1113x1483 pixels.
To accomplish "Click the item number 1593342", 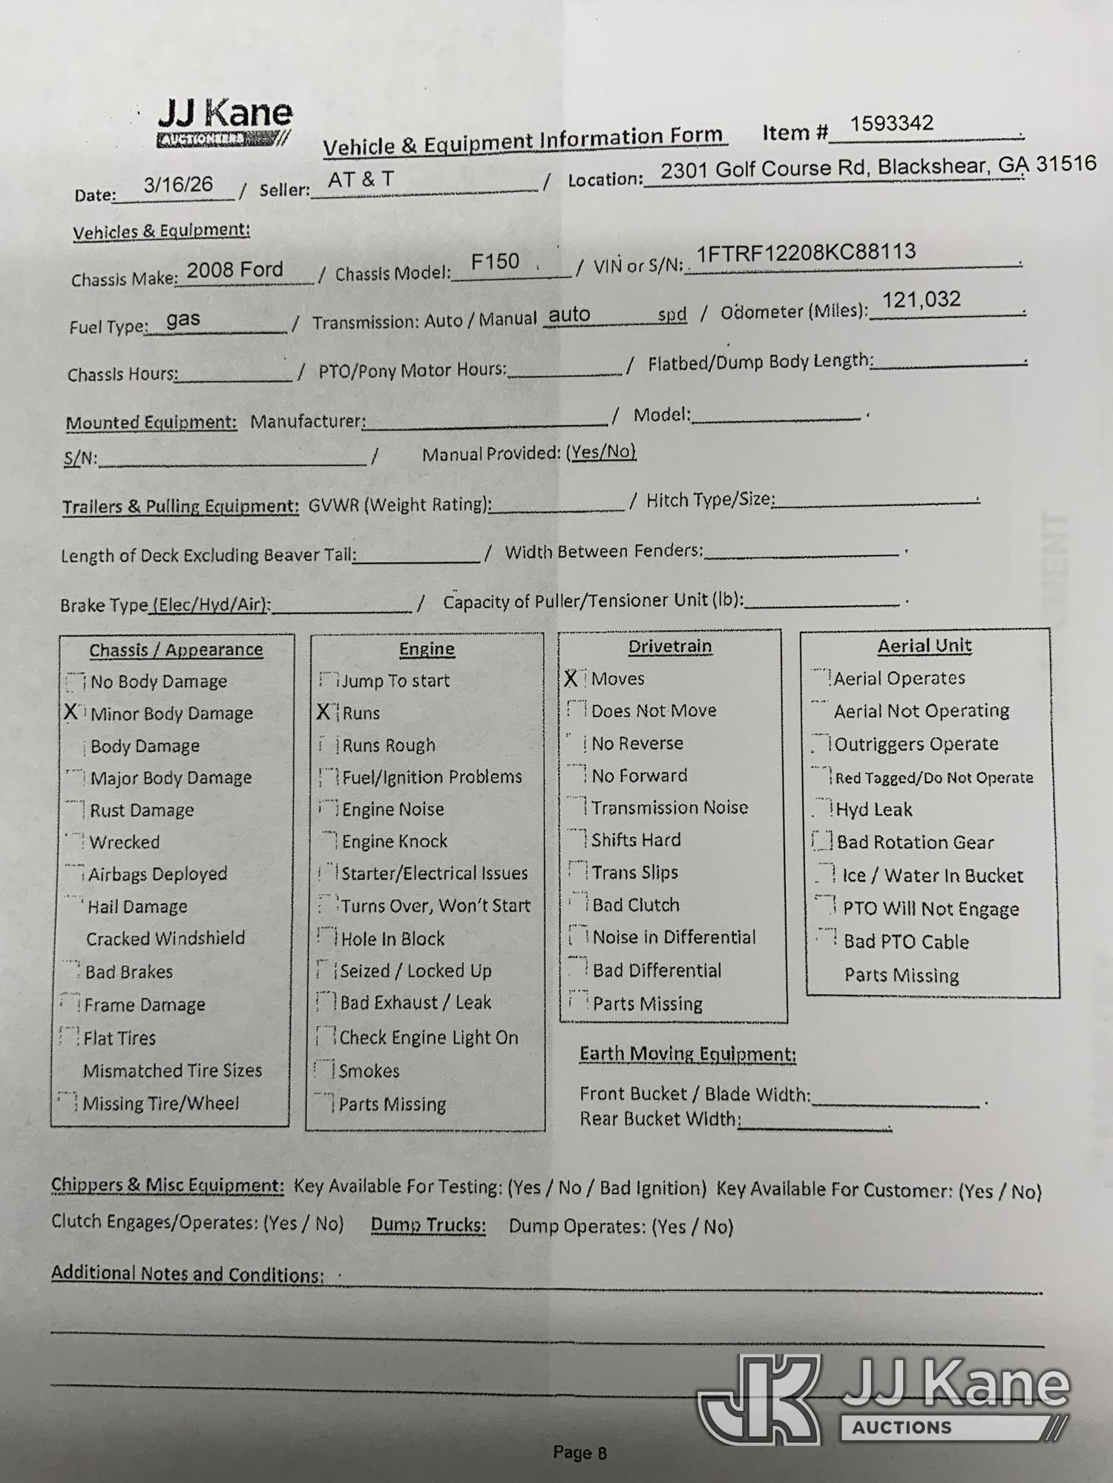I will [891, 124].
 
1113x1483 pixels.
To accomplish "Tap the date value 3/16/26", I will [178, 185].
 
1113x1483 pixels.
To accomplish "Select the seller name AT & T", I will [361, 179].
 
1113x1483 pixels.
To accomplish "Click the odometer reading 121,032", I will [921, 300].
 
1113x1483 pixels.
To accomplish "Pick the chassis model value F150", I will [495, 262].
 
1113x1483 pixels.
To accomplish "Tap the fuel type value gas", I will [183, 320].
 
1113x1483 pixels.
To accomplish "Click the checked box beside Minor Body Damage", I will [72, 713].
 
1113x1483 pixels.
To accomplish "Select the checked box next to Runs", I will [324, 712].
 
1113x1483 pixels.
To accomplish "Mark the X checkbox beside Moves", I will [571, 678].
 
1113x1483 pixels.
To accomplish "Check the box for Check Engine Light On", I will [326, 1037].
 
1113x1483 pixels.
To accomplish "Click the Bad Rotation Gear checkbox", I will [822, 842].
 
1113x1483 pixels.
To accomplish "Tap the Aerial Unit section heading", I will [925, 646].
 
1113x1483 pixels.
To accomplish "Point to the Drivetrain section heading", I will [670, 647].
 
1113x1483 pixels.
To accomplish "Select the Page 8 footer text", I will [580, 1453].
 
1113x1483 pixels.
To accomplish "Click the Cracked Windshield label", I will [165, 939].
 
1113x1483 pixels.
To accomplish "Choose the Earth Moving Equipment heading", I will [688, 1054].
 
